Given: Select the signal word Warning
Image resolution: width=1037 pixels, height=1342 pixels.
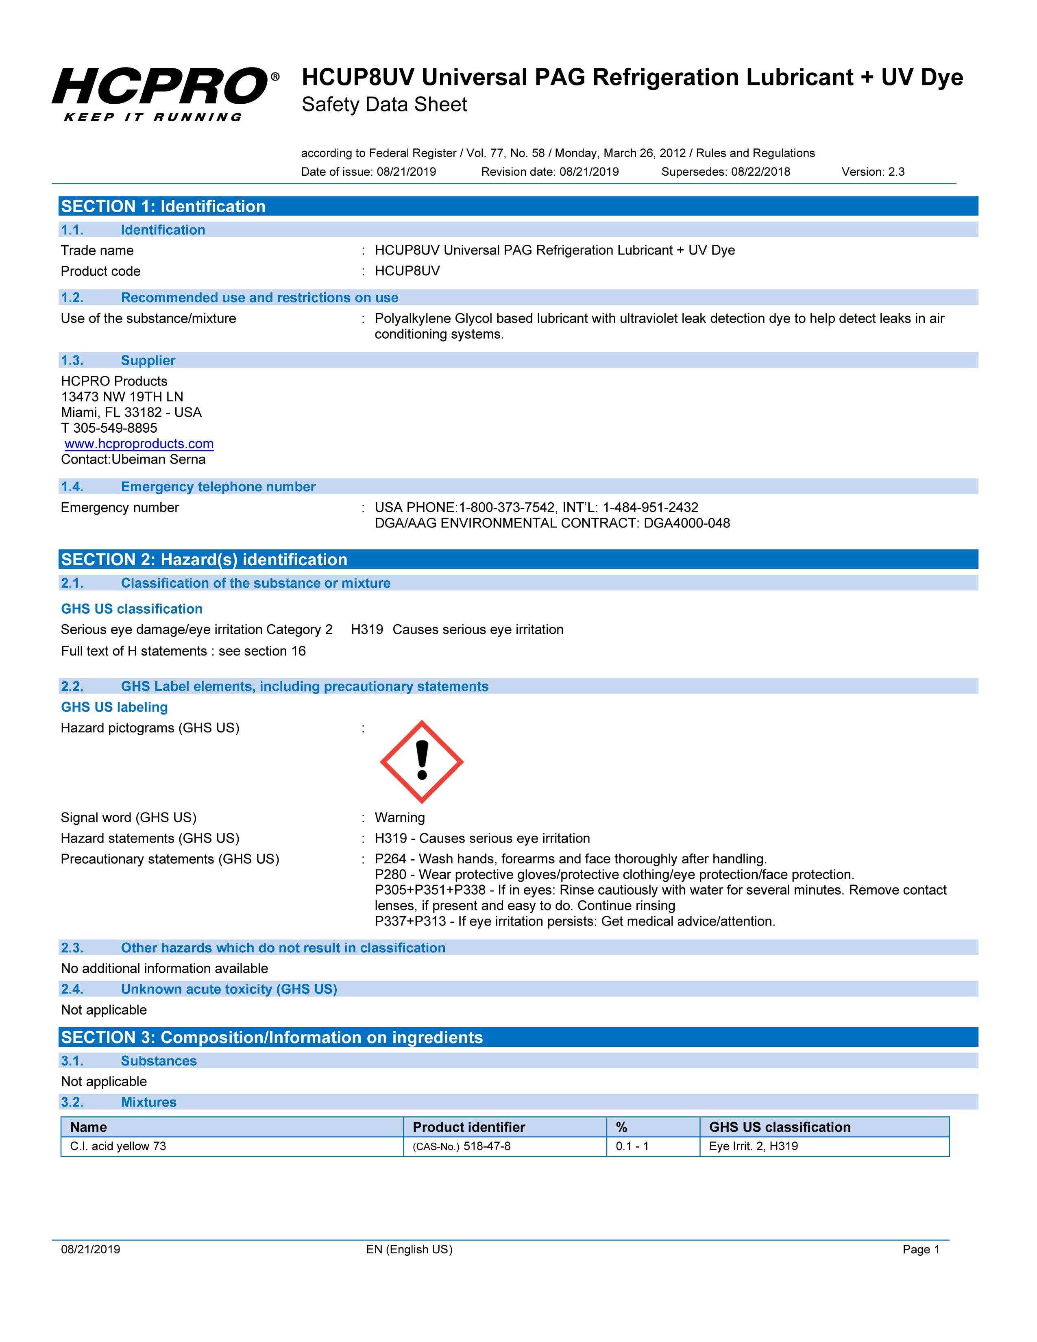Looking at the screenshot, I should (399, 817).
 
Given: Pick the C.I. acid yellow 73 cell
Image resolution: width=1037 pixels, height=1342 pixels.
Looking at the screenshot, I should (118, 1146).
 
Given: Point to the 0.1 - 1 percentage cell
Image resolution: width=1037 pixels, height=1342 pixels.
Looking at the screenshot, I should (632, 1146).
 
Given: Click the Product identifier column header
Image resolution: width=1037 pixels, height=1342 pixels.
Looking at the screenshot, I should (469, 1127).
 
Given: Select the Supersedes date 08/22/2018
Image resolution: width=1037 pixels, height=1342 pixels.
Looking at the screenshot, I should (760, 172).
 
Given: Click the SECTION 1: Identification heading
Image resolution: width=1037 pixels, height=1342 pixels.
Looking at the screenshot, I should (163, 207).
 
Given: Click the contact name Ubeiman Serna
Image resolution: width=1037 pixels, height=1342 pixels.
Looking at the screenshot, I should (159, 460).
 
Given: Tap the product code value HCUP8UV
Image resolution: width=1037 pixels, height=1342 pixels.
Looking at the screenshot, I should (407, 271).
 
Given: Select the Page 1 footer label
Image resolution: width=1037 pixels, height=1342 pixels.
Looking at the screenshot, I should (921, 1249).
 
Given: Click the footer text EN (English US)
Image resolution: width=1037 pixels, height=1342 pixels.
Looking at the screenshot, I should (409, 1249).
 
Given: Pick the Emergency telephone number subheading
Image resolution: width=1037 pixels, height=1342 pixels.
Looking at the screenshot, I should (218, 487).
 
